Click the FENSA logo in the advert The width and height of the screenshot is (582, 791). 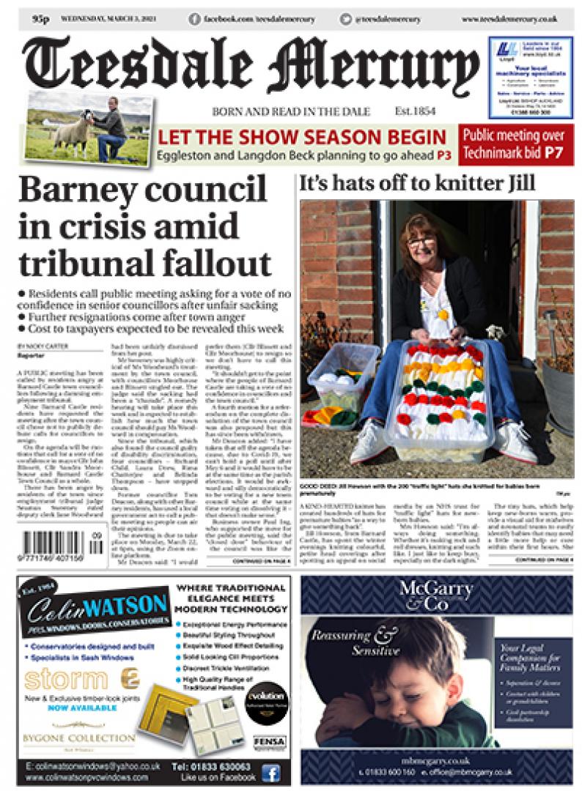coord(269,742)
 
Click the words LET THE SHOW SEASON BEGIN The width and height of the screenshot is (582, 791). coord(301,137)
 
